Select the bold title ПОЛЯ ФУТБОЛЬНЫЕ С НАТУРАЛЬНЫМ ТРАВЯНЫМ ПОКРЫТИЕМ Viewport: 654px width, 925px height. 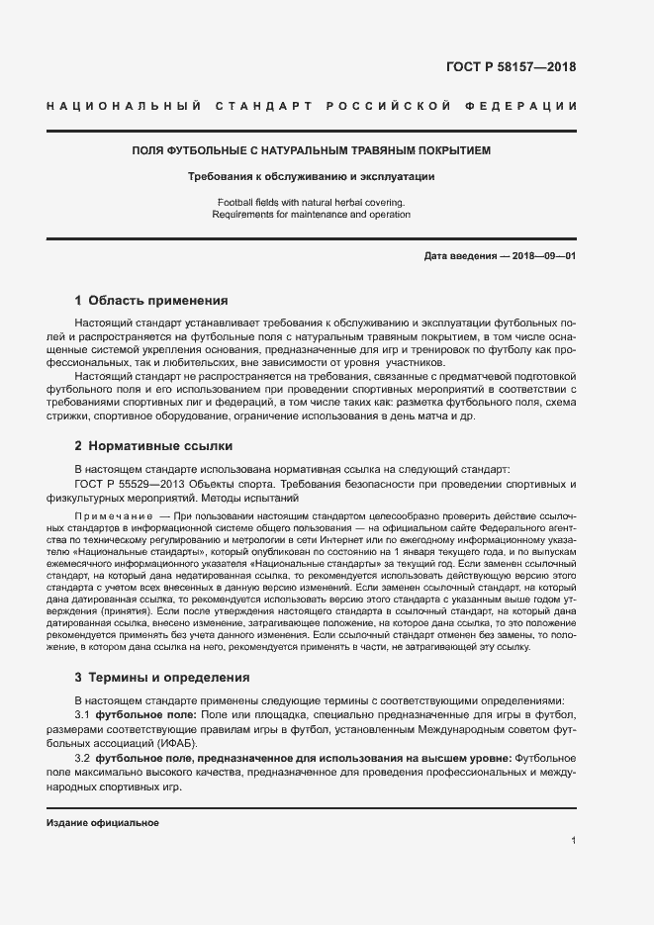[x=312, y=151]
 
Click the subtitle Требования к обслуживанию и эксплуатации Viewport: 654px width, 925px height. [x=312, y=177]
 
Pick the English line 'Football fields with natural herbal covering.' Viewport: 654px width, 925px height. [x=312, y=203]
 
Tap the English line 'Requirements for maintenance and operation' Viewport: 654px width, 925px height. [x=312, y=215]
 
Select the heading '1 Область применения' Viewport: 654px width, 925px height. [x=151, y=300]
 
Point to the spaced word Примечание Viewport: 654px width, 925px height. [x=114, y=517]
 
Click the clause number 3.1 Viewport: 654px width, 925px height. [x=83, y=714]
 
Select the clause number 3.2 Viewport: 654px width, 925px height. [x=83, y=758]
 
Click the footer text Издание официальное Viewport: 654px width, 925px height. [x=103, y=823]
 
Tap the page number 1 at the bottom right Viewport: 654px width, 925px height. [x=573, y=841]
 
